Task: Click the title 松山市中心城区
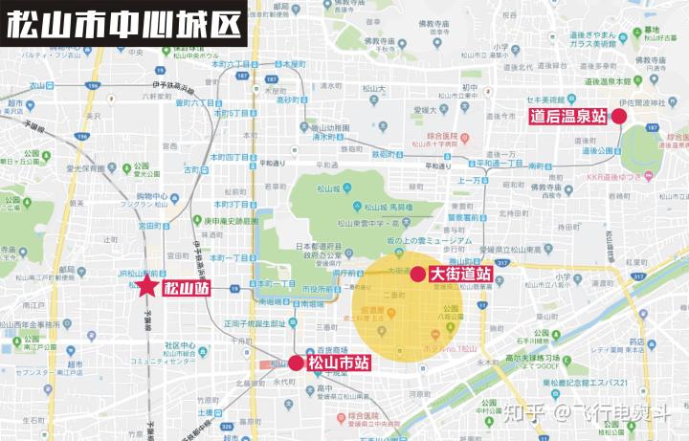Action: click(124, 24)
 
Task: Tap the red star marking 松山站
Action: click(146, 286)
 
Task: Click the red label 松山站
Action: click(186, 287)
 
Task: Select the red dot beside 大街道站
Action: click(418, 274)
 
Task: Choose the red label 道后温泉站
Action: click(568, 117)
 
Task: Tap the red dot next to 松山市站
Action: click(297, 364)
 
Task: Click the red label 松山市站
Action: click(339, 364)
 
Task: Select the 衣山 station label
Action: click(38, 86)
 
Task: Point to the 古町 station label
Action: click(192, 169)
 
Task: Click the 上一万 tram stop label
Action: click(469, 180)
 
